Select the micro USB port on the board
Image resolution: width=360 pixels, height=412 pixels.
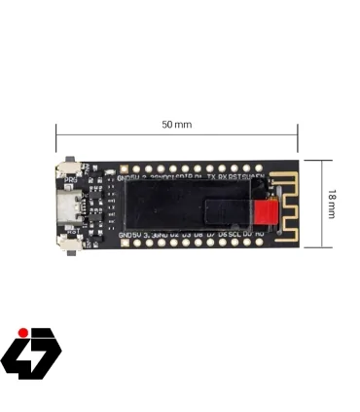(x=68, y=207)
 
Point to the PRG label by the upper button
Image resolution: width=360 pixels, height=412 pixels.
(x=70, y=180)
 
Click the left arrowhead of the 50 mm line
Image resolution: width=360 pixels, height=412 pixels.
(x=57, y=136)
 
